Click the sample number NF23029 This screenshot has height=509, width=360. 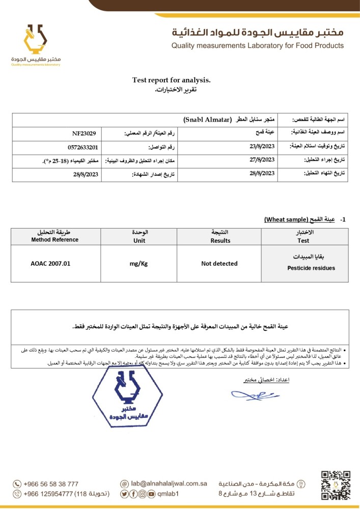click(85, 133)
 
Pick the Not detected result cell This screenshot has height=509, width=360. click(219, 263)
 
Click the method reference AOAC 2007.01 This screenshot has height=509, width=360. click(50, 263)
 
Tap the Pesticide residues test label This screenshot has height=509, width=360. click(303, 268)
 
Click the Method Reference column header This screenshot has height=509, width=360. click(51, 240)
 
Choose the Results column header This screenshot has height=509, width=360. click(220, 240)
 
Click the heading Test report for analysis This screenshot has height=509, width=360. click(171, 80)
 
